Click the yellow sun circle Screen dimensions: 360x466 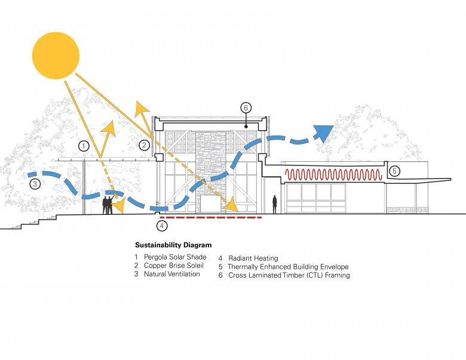click(56, 56)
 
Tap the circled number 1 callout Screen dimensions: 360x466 click(84, 145)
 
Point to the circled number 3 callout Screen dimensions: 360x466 click(35, 184)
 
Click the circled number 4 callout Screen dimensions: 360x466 click(161, 226)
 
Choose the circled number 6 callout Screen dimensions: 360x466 click(246, 108)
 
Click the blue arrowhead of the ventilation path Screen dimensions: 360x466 click(323, 132)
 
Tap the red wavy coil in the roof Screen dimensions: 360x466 click(333, 175)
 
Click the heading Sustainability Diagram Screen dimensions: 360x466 click(173, 245)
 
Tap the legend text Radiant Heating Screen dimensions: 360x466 click(253, 259)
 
